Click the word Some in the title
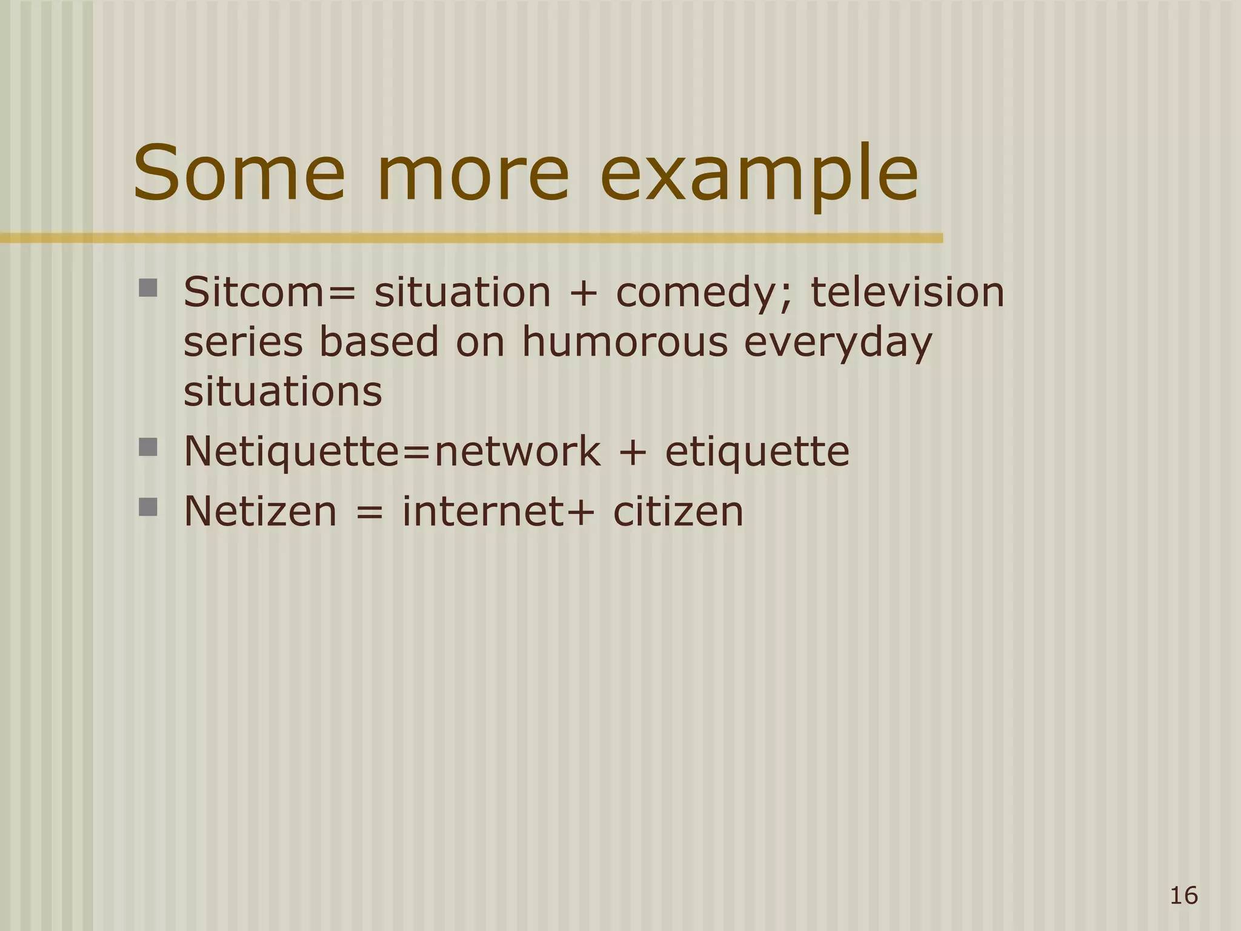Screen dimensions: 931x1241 point(239,173)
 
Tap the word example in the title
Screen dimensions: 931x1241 point(759,176)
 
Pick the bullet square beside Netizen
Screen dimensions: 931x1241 point(148,507)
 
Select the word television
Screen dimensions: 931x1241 point(907,292)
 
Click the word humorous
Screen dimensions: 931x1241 point(624,342)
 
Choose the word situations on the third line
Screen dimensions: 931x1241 point(282,392)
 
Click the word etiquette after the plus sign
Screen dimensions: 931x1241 point(757,452)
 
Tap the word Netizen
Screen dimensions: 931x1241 point(260,511)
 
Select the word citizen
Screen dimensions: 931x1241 point(678,511)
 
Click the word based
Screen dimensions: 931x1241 point(378,342)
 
